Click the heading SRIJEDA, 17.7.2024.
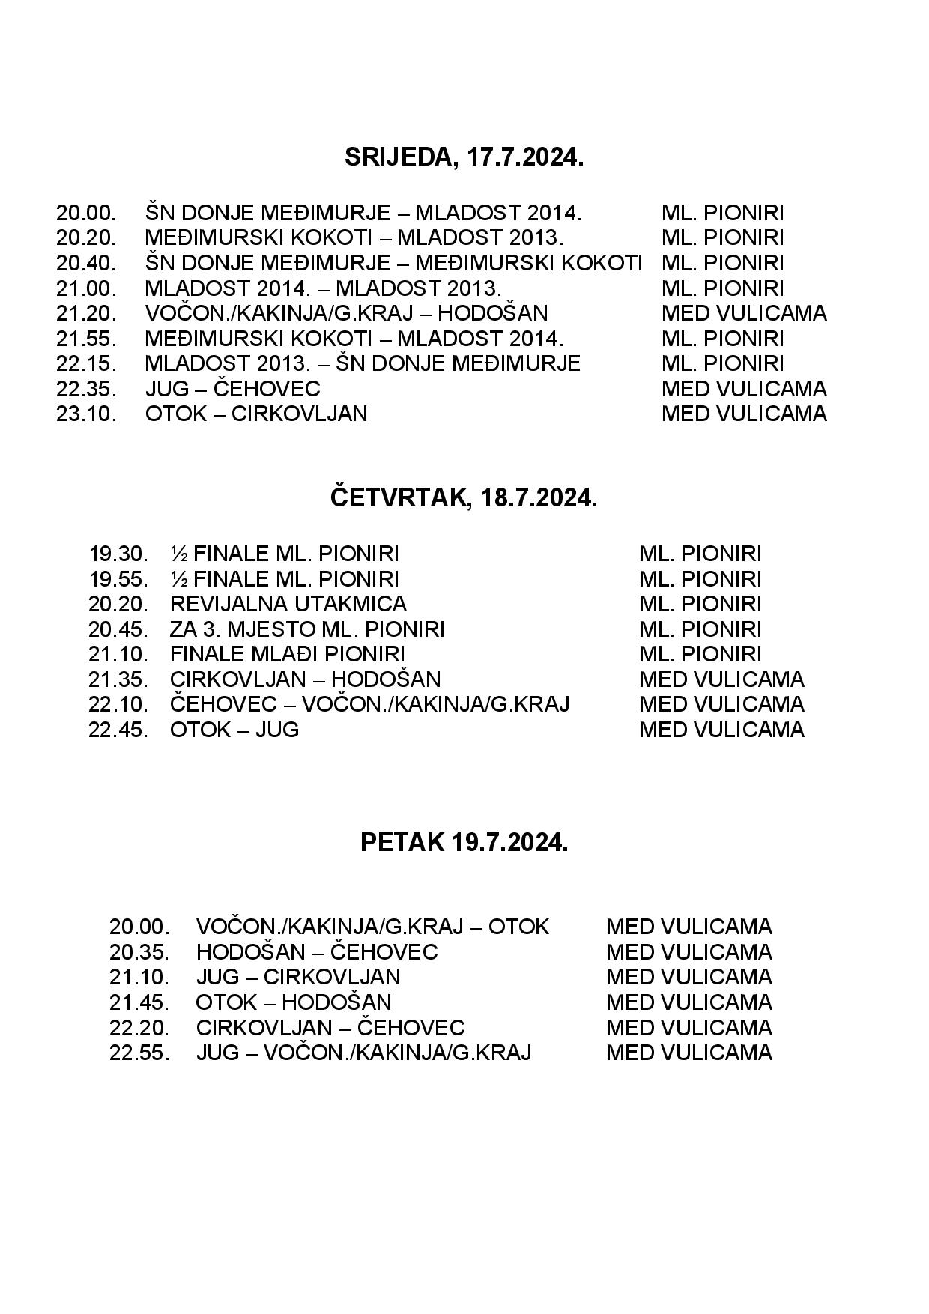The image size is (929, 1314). (x=464, y=157)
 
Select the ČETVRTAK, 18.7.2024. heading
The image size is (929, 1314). (x=464, y=498)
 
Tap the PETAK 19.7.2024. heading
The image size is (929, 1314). (x=464, y=842)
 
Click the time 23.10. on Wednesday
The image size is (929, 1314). (x=86, y=414)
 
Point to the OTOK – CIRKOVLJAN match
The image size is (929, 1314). (x=256, y=414)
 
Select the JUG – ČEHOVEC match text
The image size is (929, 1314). (x=232, y=389)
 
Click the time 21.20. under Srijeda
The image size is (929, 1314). (x=86, y=313)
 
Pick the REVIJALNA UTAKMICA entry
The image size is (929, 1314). (x=288, y=604)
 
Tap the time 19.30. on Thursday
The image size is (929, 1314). (x=118, y=554)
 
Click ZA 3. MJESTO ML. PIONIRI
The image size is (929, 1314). (x=307, y=629)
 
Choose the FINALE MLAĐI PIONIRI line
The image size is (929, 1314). (x=288, y=654)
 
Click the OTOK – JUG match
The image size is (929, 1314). (x=234, y=730)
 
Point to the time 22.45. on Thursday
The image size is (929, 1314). (x=118, y=730)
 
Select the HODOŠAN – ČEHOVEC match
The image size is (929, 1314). (x=317, y=952)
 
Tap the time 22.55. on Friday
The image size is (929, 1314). (x=139, y=1053)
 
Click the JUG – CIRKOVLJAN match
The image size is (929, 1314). (x=298, y=977)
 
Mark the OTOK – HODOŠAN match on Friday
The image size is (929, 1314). (x=294, y=1002)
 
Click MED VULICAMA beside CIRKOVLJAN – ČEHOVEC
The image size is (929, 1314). (x=689, y=1027)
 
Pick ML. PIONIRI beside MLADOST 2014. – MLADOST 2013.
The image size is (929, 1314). (x=722, y=288)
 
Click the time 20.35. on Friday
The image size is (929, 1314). (x=139, y=952)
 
